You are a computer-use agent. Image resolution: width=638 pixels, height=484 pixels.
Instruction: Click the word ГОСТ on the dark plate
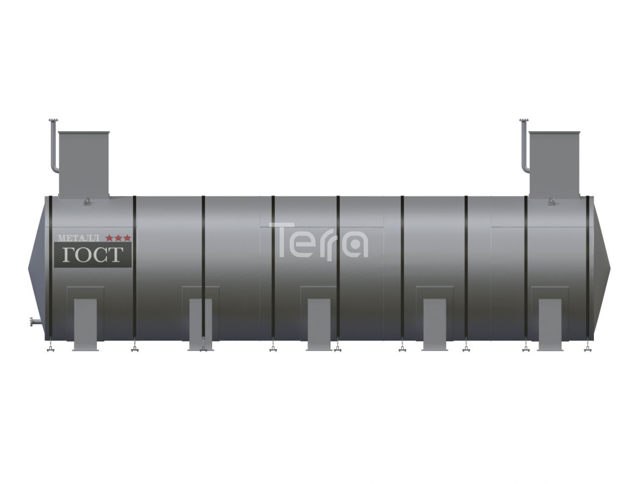[x=92, y=255]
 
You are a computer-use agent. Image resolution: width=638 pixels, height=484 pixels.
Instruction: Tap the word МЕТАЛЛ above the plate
[x=79, y=238]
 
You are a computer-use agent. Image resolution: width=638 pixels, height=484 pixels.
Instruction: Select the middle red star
[x=118, y=238]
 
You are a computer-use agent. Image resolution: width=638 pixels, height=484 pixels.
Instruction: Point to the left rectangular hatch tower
[x=84, y=165]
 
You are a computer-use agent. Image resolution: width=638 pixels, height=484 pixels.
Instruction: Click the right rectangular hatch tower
[x=554, y=165]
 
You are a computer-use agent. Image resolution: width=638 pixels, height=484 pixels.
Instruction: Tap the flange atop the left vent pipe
[x=53, y=121]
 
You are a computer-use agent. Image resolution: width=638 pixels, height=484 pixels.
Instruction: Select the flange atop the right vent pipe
[x=524, y=121]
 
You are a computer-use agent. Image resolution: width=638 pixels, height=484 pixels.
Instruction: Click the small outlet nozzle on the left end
[x=36, y=322]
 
